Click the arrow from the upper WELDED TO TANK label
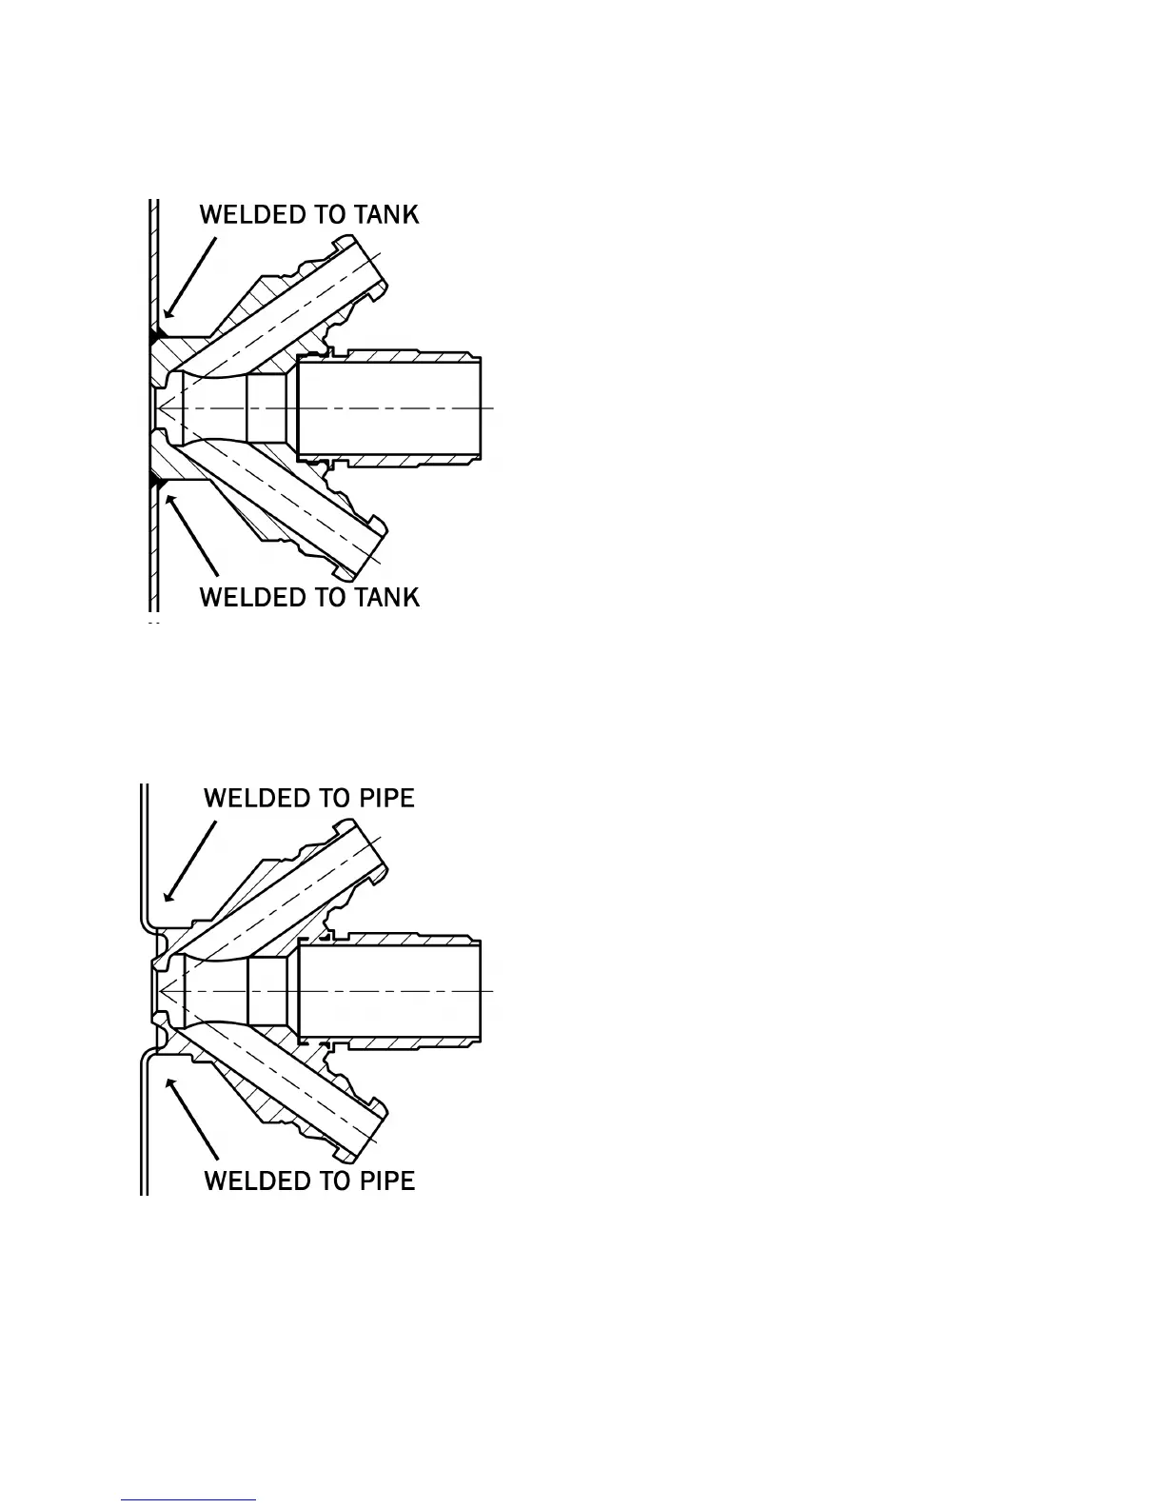[x=189, y=277]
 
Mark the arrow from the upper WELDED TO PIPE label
[x=189, y=861]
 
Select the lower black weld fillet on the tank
[x=154, y=482]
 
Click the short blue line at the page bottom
[x=188, y=1499]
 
